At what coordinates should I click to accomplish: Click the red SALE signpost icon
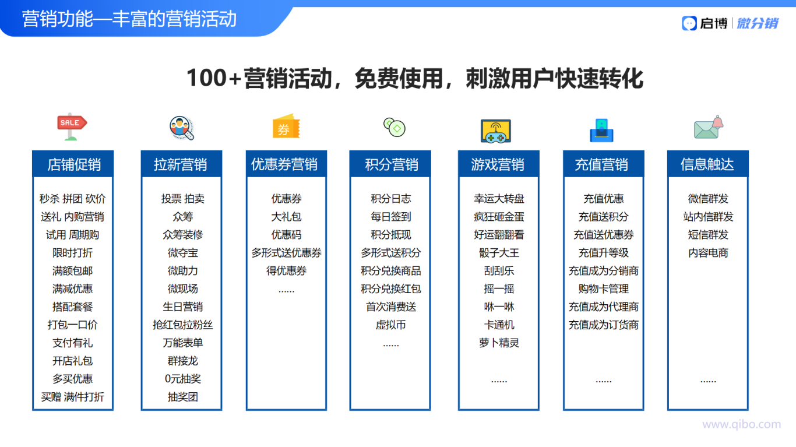[x=72, y=126]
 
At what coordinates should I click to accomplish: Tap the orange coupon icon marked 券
[x=286, y=126]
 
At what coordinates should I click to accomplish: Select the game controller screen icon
[x=496, y=131]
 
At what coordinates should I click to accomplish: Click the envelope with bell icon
[x=709, y=127]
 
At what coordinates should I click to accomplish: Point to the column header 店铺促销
[x=74, y=164]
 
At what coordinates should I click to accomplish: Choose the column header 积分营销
[x=391, y=164]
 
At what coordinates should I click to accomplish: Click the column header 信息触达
[x=707, y=164]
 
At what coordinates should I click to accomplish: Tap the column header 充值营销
[x=601, y=164]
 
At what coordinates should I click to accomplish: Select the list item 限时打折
[x=72, y=253]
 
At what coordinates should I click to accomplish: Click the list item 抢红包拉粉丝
[x=182, y=325]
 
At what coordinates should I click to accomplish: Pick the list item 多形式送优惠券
[x=287, y=253]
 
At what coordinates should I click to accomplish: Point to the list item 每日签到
[x=391, y=217]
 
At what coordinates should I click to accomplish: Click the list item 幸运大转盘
[x=499, y=199]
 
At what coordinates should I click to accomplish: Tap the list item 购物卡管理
[x=603, y=289]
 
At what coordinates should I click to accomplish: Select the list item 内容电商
[x=708, y=253]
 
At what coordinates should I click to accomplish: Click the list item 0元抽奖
[x=182, y=379]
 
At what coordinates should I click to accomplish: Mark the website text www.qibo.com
[x=742, y=425]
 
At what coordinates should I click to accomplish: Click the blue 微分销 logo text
[x=758, y=23]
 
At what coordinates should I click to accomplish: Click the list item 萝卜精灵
[x=499, y=343]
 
